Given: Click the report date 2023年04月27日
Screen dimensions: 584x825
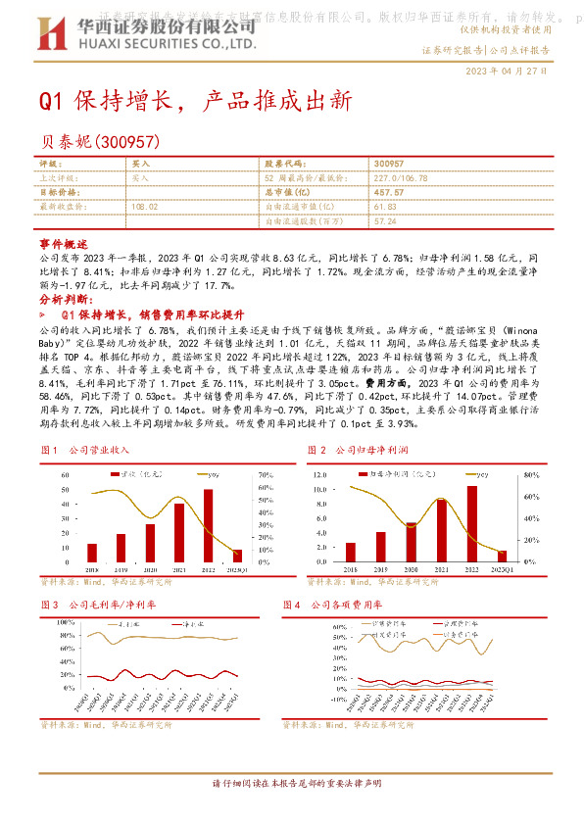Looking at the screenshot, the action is click(507, 72).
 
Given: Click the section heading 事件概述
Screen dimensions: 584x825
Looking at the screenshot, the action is click(64, 241).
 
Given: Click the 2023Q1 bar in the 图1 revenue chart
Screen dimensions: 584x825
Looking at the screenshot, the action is click(237, 554).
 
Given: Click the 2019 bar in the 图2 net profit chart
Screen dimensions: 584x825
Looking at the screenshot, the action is click(380, 546).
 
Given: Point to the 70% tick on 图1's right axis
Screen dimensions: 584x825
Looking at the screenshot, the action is click(265, 474).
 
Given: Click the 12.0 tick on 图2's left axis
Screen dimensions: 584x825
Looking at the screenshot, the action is click(319, 474).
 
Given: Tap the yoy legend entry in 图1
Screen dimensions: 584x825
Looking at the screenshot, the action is click(209, 474).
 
